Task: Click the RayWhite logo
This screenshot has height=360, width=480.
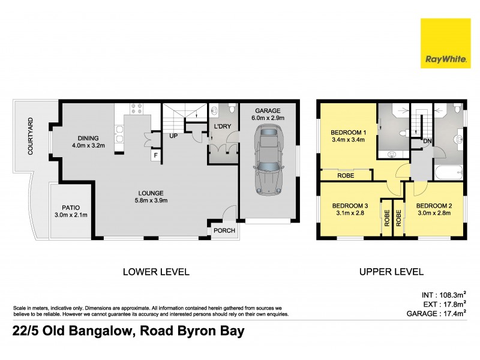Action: (x=445, y=43)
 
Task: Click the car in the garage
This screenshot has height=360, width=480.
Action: (x=268, y=161)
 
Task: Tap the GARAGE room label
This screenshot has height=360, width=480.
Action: (x=268, y=115)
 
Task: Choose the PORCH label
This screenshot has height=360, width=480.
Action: (x=224, y=231)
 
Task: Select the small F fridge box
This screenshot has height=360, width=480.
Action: (x=155, y=155)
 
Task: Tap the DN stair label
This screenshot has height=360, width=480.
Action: (x=427, y=141)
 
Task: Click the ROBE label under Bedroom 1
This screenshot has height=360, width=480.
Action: (x=346, y=176)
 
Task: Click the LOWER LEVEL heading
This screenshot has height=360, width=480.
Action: (x=155, y=272)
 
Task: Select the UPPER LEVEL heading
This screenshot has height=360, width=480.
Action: (x=391, y=272)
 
